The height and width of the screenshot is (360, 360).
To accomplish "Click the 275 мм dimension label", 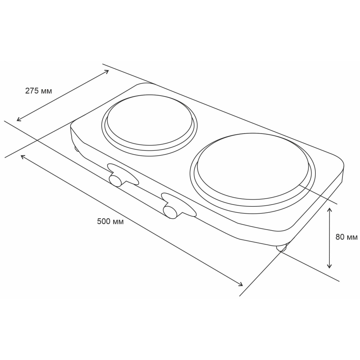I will click(38, 91).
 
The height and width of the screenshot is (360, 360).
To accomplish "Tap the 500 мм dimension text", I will click(110, 221).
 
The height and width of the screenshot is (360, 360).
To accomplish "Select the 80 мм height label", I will click(346, 237).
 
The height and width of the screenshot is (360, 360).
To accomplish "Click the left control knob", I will click(115, 180).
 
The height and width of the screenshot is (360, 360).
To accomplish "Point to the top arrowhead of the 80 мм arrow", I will click(329, 209).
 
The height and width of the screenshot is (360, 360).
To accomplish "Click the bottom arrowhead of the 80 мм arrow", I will click(329, 266).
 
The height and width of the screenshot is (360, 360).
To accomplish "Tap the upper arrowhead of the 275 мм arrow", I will click(107, 71).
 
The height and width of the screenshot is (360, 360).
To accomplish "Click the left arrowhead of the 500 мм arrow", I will click(22, 156).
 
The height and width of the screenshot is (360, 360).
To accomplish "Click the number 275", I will click(32, 91).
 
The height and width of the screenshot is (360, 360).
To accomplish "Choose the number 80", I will click(340, 237).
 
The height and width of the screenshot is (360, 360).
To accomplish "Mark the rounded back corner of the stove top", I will click(144, 84).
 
